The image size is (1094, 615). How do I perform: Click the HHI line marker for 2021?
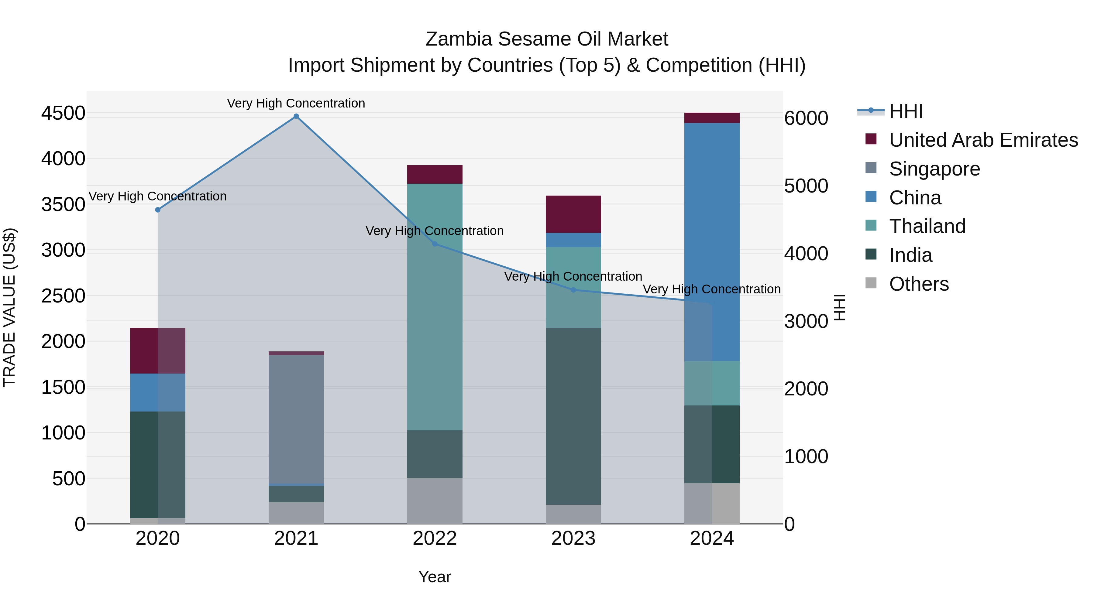(296, 116)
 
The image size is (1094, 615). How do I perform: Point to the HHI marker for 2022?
(435, 244)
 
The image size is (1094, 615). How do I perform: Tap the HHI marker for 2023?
(573, 290)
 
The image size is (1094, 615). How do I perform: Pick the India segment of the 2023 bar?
(573, 416)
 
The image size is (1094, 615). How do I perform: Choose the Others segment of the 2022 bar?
(435, 501)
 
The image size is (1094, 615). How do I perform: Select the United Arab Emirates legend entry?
(983, 140)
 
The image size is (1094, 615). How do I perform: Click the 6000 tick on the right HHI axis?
(806, 118)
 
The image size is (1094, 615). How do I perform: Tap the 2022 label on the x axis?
(435, 538)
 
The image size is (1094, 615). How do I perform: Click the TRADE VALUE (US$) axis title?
(10, 308)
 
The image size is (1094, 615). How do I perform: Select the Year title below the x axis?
(435, 577)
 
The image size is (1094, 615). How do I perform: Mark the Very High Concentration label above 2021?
(296, 103)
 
